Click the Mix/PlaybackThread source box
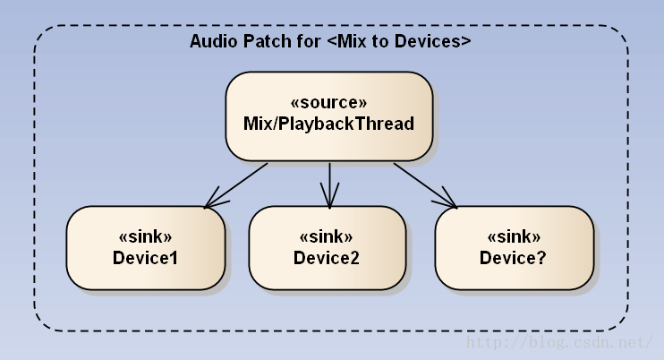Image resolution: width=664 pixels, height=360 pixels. point(328,116)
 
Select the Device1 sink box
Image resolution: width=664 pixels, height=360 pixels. point(145,248)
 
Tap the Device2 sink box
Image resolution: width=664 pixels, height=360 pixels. point(326,248)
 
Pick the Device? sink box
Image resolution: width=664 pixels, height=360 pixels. point(513,248)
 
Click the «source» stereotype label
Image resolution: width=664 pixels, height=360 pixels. point(328,102)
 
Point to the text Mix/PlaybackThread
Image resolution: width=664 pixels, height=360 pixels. point(328,124)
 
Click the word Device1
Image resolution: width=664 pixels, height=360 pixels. point(145,258)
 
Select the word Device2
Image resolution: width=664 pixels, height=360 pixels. point(326,258)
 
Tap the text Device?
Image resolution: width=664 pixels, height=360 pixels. point(513,258)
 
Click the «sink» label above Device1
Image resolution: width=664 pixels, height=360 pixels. point(145,237)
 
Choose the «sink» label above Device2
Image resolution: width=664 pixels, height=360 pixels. point(326,237)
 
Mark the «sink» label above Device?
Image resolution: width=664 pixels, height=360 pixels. point(513,237)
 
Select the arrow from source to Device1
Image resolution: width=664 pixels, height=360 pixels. point(238,184)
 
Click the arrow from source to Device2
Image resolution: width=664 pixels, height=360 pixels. point(330,184)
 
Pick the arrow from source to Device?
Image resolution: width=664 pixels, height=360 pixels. point(424,184)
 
